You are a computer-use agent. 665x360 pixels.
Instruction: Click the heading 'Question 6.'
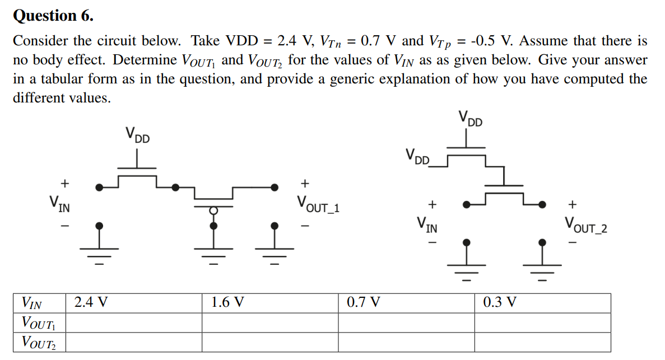pos(53,16)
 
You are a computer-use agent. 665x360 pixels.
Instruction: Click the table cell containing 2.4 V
pos(91,303)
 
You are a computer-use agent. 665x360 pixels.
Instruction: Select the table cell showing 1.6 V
pos(227,303)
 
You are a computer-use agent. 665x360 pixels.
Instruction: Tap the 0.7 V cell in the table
pos(363,303)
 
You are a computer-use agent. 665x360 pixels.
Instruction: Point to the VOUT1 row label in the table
pos(35,322)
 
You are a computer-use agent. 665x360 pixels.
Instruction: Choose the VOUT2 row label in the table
pos(35,342)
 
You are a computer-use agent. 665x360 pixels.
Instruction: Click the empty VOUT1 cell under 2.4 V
pos(134,322)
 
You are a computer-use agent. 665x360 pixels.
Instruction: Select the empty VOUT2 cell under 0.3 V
pos(542,342)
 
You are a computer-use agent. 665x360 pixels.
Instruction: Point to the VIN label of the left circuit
pos(59,204)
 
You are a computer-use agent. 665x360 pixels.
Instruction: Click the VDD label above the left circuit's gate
pos(137,135)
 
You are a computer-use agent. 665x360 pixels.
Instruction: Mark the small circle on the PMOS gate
pos(213,210)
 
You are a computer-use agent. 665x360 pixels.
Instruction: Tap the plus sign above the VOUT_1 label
pos(305,183)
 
